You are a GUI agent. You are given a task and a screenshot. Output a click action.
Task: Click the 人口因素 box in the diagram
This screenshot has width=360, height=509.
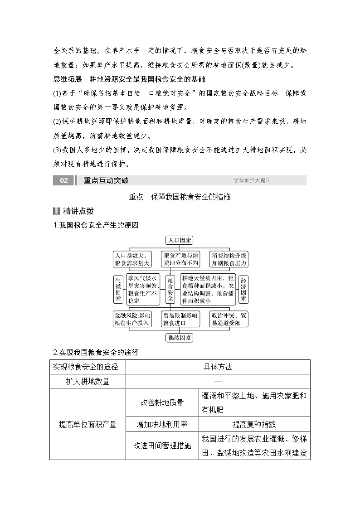click(x=180, y=241)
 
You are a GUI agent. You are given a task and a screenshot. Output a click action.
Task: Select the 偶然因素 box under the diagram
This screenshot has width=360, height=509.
click(x=180, y=337)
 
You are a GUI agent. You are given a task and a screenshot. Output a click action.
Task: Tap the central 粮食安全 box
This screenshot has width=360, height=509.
click(x=170, y=290)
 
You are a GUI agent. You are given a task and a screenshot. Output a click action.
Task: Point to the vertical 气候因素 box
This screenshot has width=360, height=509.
click(x=118, y=290)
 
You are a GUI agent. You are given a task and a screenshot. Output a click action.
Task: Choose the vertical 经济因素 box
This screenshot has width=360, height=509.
click(x=243, y=290)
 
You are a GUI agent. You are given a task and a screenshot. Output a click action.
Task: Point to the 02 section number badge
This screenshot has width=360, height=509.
click(x=63, y=180)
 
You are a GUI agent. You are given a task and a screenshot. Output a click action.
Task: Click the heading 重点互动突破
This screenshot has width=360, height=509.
click(x=106, y=180)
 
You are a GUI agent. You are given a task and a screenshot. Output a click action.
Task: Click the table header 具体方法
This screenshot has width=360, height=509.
click(x=218, y=367)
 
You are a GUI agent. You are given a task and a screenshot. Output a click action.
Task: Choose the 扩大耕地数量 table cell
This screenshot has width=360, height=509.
click(x=88, y=381)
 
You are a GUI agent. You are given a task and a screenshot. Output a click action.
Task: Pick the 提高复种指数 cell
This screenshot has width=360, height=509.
click(x=254, y=424)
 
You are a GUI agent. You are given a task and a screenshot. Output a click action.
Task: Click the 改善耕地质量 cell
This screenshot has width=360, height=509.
click(x=162, y=402)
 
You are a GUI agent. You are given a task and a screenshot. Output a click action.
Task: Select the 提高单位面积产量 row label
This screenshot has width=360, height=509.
click(x=88, y=424)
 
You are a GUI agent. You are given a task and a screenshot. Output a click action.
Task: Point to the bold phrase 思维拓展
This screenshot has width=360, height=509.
click(x=68, y=79)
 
